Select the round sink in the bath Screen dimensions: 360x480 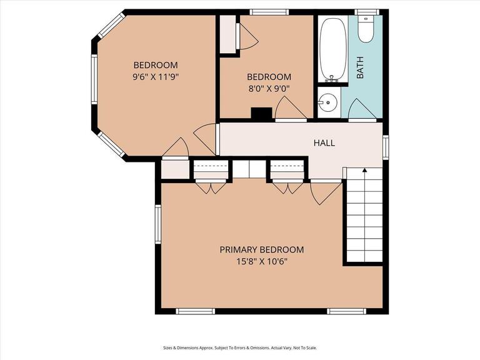[x=327, y=102]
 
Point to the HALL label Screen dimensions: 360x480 [x=324, y=143]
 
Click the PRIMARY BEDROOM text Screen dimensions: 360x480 [x=262, y=250]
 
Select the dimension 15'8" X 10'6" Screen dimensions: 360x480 [x=262, y=261]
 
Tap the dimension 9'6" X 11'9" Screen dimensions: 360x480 [x=156, y=77]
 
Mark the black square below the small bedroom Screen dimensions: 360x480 [x=261, y=114]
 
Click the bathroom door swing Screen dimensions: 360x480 [x=362, y=110]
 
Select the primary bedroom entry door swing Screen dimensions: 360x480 [x=325, y=192]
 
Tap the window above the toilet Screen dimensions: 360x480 [x=367, y=12]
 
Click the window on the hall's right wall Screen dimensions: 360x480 [x=386, y=147]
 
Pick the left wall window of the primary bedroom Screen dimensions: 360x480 [x=158, y=224]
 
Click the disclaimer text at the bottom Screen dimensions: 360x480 [x=240, y=347]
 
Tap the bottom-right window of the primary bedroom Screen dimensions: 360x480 [x=346, y=311]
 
